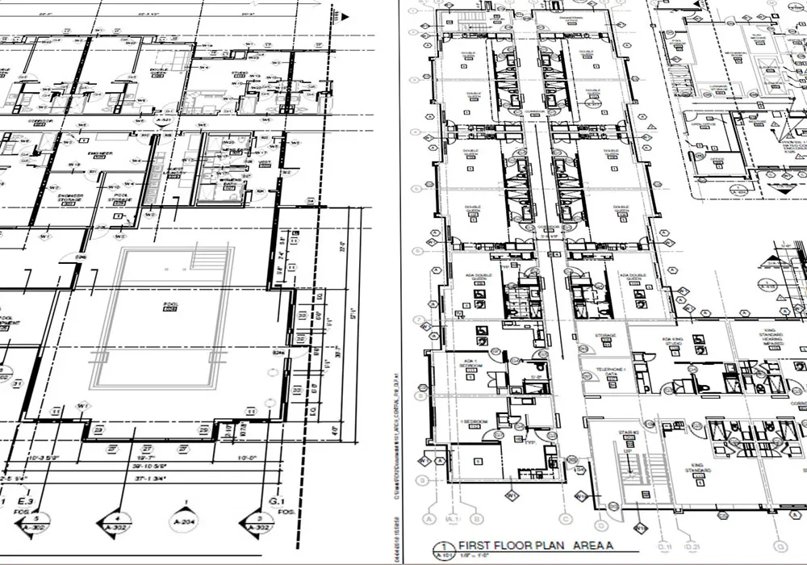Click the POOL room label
click(x=171, y=306)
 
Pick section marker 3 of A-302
click(x=260, y=521)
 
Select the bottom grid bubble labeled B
click(x=478, y=518)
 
